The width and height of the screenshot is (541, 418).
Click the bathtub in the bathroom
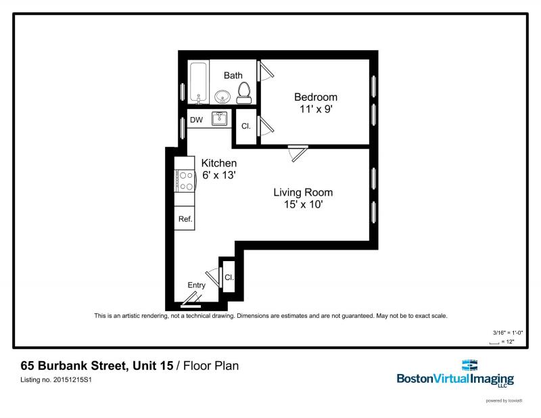coord(199,84)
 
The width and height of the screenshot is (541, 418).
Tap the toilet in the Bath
coord(244,91)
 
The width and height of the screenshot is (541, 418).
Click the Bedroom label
coord(315,97)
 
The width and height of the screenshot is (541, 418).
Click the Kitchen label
coord(219,163)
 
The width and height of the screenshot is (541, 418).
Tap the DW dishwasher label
coord(196,120)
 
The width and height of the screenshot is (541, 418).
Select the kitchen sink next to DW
coord(220,120)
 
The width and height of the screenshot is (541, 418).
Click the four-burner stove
coord(184,181)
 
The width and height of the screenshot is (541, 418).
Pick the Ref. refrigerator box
coord(185,219)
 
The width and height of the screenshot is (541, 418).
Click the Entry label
coord(196,285)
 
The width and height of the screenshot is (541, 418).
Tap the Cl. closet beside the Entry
coord(229,277)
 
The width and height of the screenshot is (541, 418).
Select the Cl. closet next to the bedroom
coord(246,126)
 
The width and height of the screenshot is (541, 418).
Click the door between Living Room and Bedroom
coord(297,152)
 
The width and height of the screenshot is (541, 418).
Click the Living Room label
coord(303,192)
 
